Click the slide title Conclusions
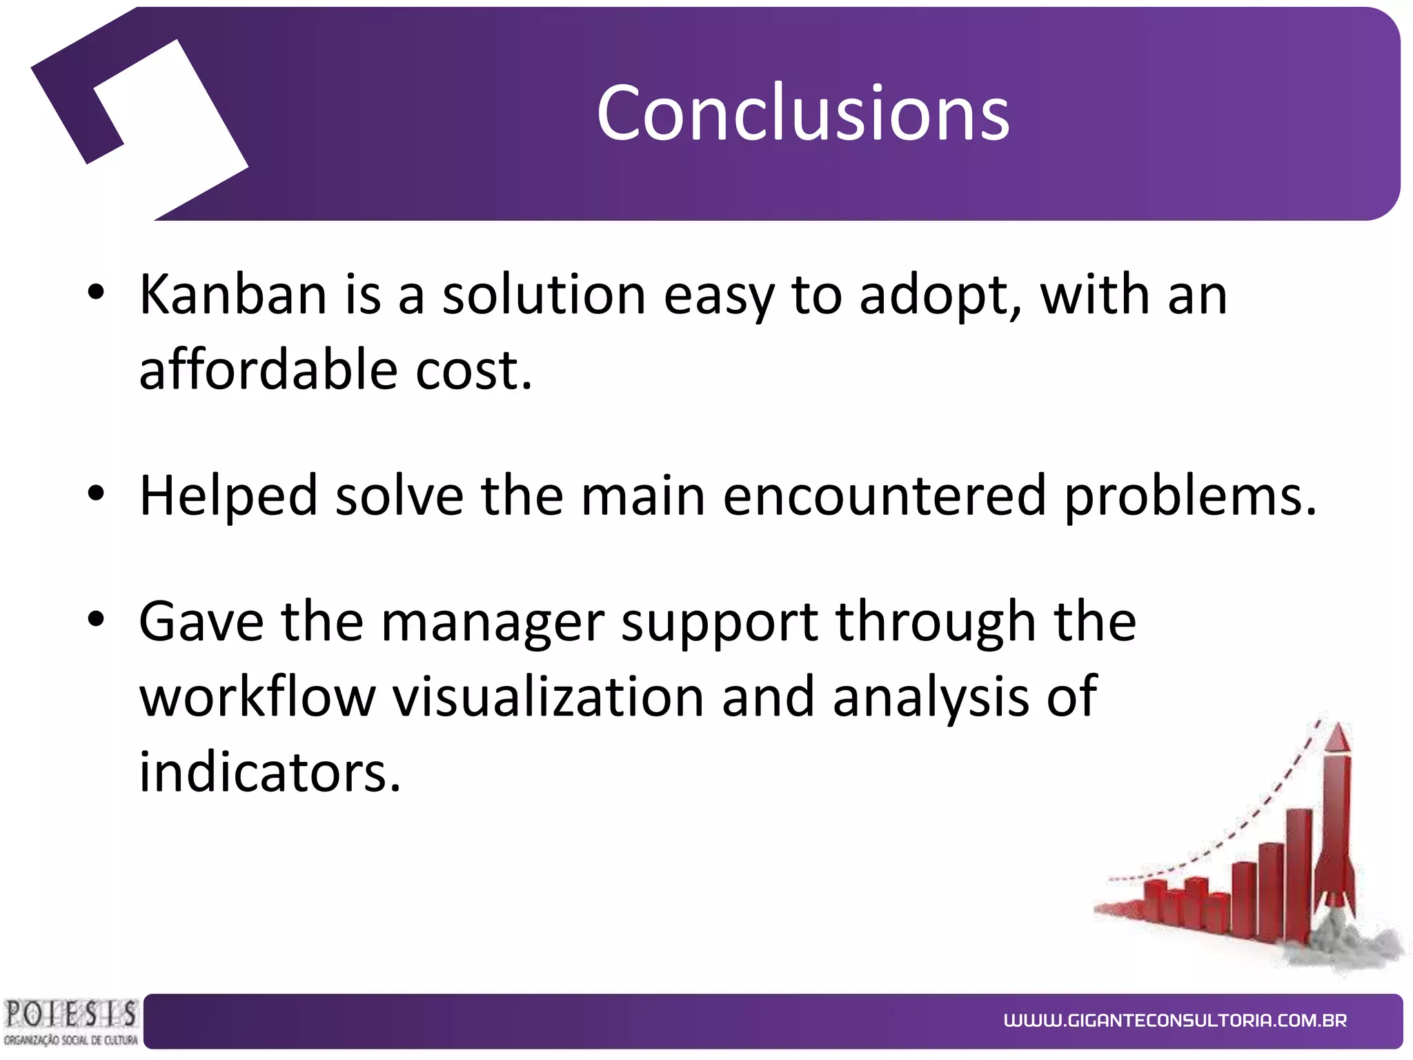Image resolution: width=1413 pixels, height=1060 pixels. coord(802,112)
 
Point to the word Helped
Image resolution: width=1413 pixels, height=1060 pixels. coord(228,495)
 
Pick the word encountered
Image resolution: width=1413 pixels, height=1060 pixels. coord(885,495)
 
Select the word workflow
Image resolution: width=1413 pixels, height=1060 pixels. coord(257,696)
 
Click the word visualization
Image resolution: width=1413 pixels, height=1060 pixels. coord(549,696)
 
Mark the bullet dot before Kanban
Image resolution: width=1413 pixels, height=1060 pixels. coord(96,293)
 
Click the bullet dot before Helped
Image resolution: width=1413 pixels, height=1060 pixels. coord(96,493)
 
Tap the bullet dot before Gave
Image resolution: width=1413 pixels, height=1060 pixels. coord(96,620)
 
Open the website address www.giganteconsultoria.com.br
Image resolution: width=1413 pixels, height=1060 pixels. coord(1175,1021)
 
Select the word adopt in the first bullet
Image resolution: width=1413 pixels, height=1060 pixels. coord(939,295)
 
